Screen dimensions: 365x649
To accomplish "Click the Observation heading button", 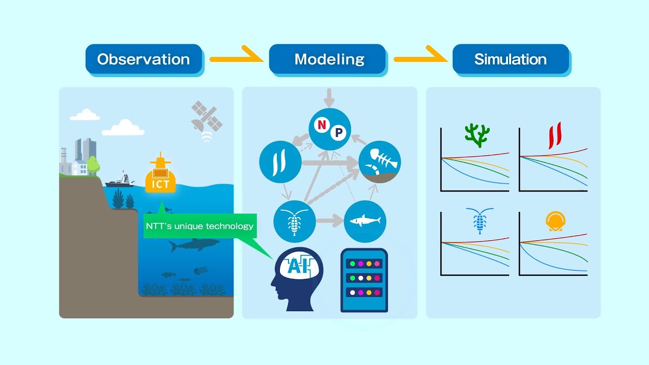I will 143,59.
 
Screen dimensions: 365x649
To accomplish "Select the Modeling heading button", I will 329,59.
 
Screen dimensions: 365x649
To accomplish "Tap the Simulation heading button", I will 511,59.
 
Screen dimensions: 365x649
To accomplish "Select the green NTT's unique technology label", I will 199,226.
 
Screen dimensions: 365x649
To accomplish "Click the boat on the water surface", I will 120,180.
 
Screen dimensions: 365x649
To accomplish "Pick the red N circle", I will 320,125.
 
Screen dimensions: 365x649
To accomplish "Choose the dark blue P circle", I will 338,133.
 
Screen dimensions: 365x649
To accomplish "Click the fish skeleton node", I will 380,162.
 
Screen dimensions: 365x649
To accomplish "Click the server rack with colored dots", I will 364,279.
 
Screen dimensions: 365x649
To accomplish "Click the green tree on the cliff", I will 93,165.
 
